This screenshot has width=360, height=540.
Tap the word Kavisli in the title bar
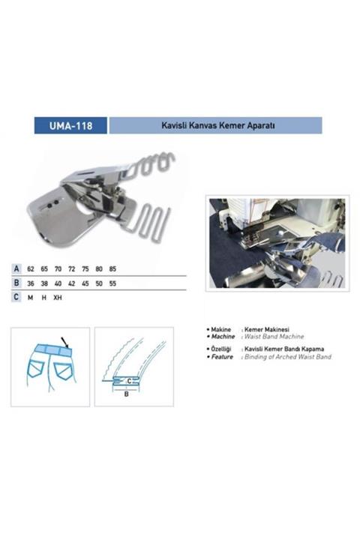pyautogui.click(x=175, y=125)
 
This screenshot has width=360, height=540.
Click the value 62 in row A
pyautogui.click(x=31, y=268)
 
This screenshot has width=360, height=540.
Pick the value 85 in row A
pyautogui.click(x=112, y=268)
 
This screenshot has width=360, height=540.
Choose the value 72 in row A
pyautogui.click(x=71, y=268)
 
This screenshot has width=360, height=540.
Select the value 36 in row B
pyautogui.click(x=31, y=284)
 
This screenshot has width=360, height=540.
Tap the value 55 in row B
pyautogui.click(x=112, y=284)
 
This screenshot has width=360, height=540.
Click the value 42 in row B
pyautogui.click(x=71, y=284)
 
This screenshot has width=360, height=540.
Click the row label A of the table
pyautogui.click(x=16, y=268)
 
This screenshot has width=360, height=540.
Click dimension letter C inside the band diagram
pyautogui.click(x=130, y=381)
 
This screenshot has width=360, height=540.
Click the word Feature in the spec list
pyautogui.click(x=223, y=357)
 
